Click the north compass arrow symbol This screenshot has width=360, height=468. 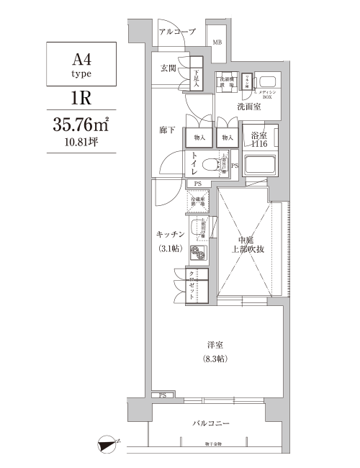109,444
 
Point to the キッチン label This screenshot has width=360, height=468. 171,235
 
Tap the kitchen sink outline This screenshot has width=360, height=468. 199,230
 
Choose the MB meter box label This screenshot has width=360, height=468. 217,42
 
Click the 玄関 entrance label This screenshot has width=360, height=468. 168,68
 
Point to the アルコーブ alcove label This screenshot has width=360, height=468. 177,32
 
